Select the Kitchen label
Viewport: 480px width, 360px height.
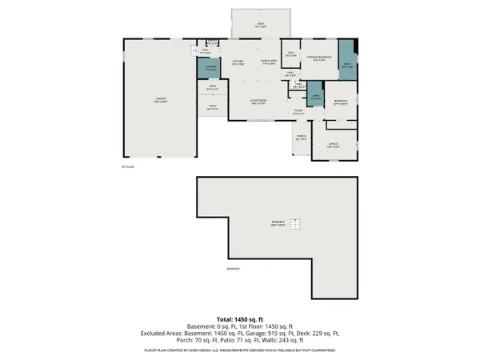coord(238,62)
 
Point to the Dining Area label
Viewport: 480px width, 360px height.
coord(269,62)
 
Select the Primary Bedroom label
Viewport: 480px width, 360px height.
coord(319,59)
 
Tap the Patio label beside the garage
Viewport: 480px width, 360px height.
coord(213,107)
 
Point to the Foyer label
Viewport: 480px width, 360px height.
coord(297,112)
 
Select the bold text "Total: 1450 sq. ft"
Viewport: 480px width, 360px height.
coord(239,318)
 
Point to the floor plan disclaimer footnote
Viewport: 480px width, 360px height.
coord(239,350)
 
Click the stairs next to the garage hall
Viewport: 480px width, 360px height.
coord(193,50)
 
